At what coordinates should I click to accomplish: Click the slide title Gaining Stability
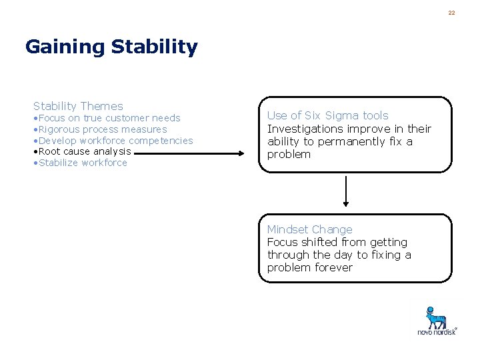pyautogui.click(x=111, y=47)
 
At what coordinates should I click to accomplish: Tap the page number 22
pyautogui.click(x=451, y=13)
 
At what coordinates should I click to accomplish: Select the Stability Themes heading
pyautogui.click(x=78, y=106)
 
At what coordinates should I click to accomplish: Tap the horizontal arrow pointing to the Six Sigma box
pyautogui.click(x=193, y=153)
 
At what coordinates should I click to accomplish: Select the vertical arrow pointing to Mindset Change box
pyautogui.click(x=345, y=192)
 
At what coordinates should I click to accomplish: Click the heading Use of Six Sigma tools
pyautogui.click(x=327, y=115)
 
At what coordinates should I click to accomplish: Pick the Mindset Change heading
pyautogui.click(x=309, y=229)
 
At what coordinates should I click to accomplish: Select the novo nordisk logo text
pyautogui.click(x=437, y=331)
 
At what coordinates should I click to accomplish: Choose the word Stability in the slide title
pyautogui.click(x=155, y=47)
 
